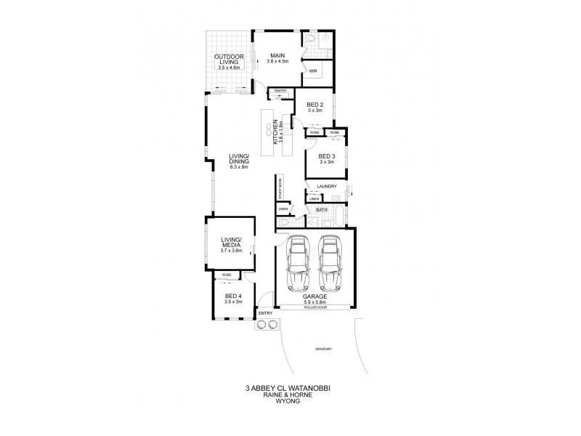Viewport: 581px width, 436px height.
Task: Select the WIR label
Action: click(x=314, y=71)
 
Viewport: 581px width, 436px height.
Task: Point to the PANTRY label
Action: click(x=280, y=91)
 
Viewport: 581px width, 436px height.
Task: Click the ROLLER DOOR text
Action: click(x=314, y=307)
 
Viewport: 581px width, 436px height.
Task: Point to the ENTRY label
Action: click(x=265, y=314)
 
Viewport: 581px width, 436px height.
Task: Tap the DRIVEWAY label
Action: click(x=324, y=350)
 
